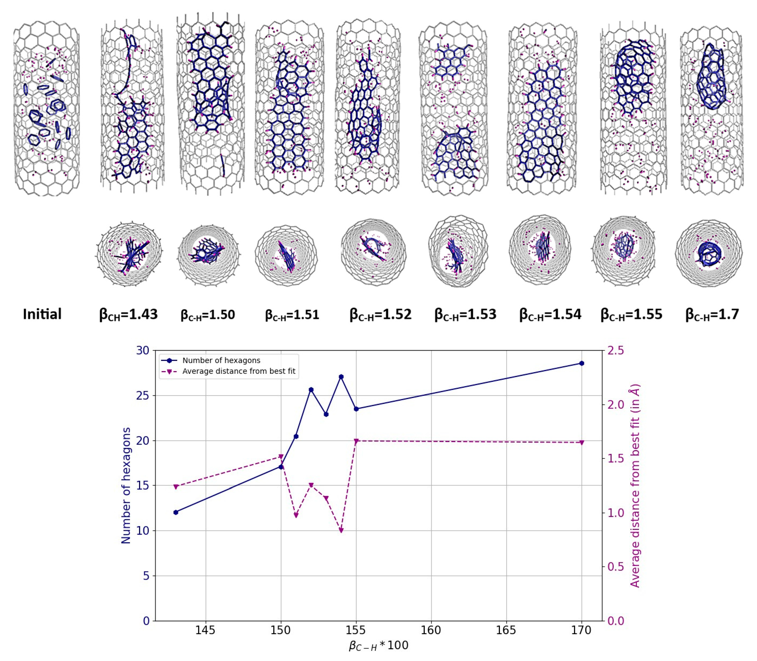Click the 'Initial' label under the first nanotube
[x=42, y=314]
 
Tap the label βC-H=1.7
[x=712, y=315]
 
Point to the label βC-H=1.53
[x=465, y=315]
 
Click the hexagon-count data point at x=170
[x=582, y=363]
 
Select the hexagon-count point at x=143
[x=176, y=512]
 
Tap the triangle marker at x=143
[x=176, y=487]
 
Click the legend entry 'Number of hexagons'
[x=221, y=360]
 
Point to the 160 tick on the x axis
[x=431, y=630]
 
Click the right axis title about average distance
[x=635, y=486]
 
